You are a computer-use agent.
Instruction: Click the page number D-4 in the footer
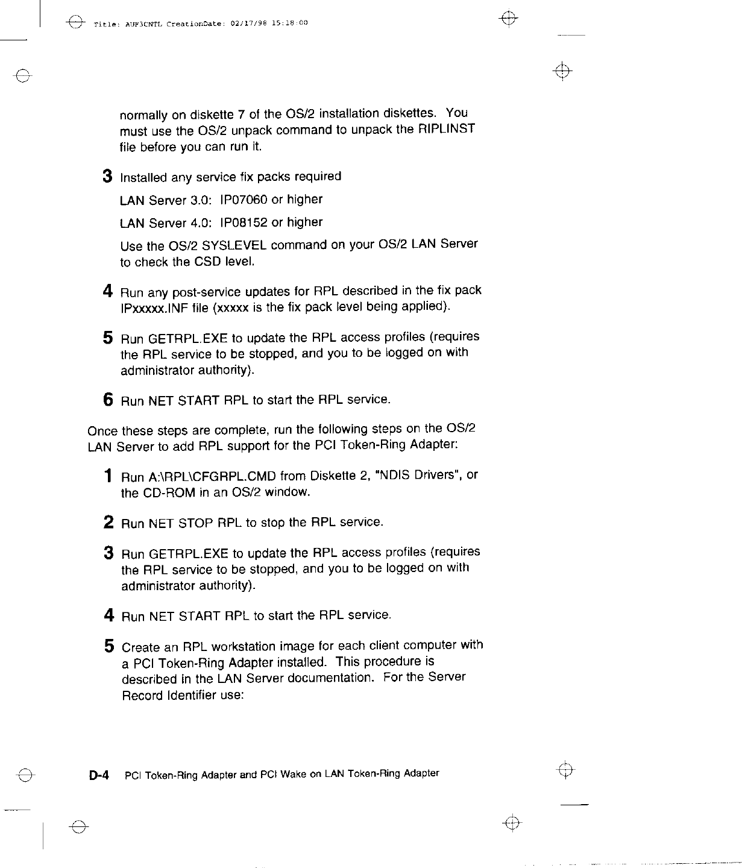tap(98, 775)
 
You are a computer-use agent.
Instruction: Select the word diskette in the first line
tap(210, 115)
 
